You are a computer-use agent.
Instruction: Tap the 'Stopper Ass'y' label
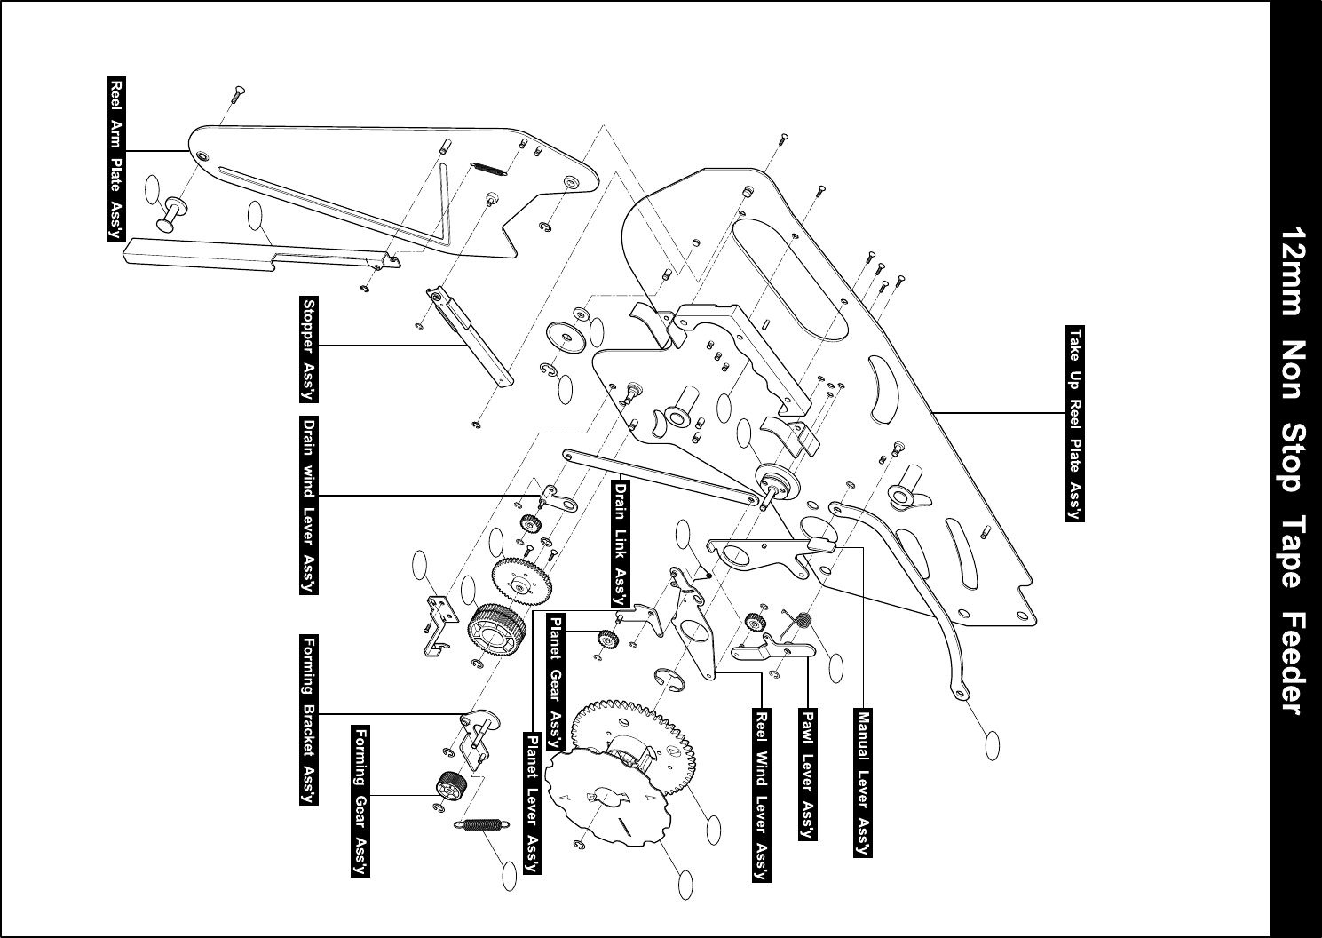[310, 347]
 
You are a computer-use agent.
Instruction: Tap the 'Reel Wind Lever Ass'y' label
[762, 794]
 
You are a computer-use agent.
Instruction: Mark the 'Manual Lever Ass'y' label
[862, 783]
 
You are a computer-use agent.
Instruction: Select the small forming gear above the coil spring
[453, 786]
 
